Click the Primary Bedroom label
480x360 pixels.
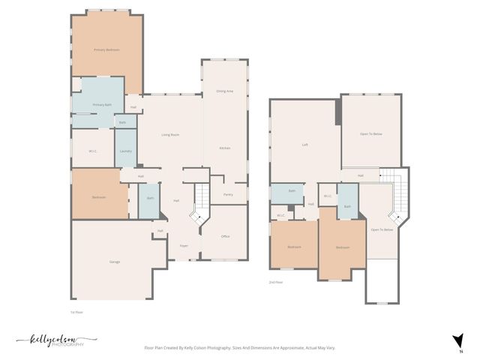click(106, 49)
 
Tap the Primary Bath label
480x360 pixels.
click(102, 104)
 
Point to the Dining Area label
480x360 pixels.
click(225, 91)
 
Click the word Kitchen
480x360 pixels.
click(224, 148)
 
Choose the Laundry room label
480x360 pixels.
click(126, 151)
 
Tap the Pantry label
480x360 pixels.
click(228, 194)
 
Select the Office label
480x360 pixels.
click(225, 236)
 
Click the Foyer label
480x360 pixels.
click(183, 245)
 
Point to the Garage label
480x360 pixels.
click(115, 261)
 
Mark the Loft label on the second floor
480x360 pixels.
click(305, 145)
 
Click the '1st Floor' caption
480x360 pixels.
click(76, 310)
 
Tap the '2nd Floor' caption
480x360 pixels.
click(276, 282)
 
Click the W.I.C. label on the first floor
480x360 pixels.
click(92, 151)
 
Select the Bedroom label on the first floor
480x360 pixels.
click(99, 197)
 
